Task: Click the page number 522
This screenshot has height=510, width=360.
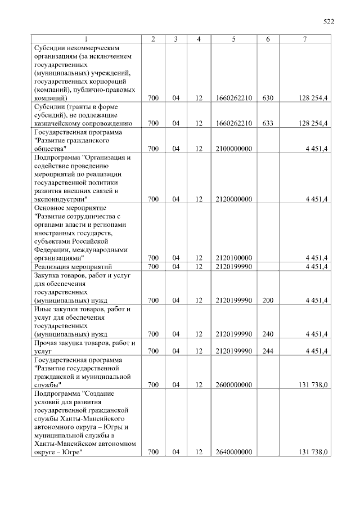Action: (x=328, y=22)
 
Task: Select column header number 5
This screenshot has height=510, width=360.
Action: (x=233, y=39)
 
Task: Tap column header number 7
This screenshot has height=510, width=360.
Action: (x=304, y=39)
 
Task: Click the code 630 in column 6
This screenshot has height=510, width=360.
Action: (x=268, y=98)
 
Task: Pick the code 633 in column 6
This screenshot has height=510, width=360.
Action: (x=268, y=123)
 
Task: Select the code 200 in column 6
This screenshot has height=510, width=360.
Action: (x=268, y=300)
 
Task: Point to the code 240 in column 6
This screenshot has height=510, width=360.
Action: (x=268, y=334)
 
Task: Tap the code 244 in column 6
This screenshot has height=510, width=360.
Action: (x=268, y=351)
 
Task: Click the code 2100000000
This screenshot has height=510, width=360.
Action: (x=233, y=148)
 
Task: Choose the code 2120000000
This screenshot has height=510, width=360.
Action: (x=233, y=199)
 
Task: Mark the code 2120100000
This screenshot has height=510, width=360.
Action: (x=233, y=258)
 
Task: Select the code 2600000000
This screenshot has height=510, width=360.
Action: (x=233, y=384)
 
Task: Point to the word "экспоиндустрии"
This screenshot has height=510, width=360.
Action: (x=59, y=199)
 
